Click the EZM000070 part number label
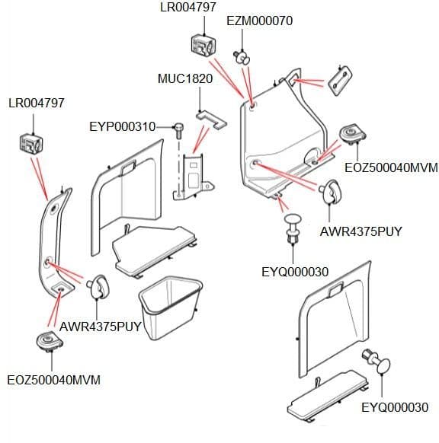click(259, 21)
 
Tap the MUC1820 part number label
click(185, 78)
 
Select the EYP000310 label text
click(123, 126)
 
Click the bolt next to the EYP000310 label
click(178, 130)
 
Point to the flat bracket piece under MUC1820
click(211, 120)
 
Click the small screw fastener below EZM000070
click(242, 57)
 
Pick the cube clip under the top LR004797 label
click(203, 45)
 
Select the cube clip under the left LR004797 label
click(31, 145)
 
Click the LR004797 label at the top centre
click(188, 7)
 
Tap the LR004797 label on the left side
click(37, 103)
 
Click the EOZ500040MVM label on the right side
click(391, 167)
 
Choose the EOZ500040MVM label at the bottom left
click(54, 380)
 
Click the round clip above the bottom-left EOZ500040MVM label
click(50, 341)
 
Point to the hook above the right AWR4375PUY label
click(330, 192)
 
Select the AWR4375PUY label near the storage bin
click(100, 327)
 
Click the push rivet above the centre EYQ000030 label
click(293, 229)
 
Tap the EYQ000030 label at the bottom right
click(395, 407)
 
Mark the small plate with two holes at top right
click(339, 81)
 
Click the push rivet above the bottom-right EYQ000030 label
click(377, 361)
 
